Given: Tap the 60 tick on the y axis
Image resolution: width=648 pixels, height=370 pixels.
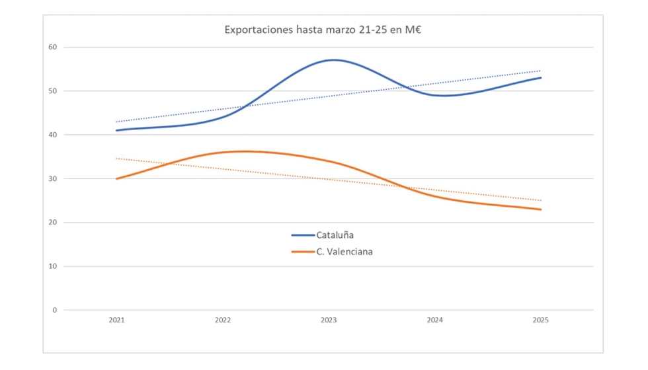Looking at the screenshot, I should [52, 47].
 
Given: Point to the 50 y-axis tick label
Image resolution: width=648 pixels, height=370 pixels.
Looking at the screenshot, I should [52, 91].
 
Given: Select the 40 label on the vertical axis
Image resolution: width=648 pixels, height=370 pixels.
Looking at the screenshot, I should [52, 135].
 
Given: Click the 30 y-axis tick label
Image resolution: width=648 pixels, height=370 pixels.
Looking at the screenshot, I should [52, 178].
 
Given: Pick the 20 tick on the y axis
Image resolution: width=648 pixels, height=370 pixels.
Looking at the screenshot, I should [52, 222].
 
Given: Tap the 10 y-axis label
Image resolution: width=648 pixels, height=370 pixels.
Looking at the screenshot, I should [52, 266].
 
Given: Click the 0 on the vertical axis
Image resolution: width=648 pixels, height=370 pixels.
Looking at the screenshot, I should [55, 310].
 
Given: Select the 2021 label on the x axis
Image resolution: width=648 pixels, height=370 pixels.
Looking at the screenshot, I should [116, 320].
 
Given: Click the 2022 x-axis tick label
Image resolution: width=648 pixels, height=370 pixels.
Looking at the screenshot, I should [223, 320].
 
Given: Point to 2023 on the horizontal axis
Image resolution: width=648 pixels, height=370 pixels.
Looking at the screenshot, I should [329, 320].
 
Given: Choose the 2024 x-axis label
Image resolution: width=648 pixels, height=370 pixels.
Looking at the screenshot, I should [434, 320].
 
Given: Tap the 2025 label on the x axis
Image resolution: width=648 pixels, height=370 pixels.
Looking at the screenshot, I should [540, 320].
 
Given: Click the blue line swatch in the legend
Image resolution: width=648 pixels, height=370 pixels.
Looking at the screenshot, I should [303, 235].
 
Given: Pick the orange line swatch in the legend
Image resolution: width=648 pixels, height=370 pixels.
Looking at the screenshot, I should [303, 251].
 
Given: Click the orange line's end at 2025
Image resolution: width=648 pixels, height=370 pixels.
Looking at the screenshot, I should [540, 209].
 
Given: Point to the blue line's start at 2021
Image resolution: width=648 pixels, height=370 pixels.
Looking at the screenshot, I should [117, 130].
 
